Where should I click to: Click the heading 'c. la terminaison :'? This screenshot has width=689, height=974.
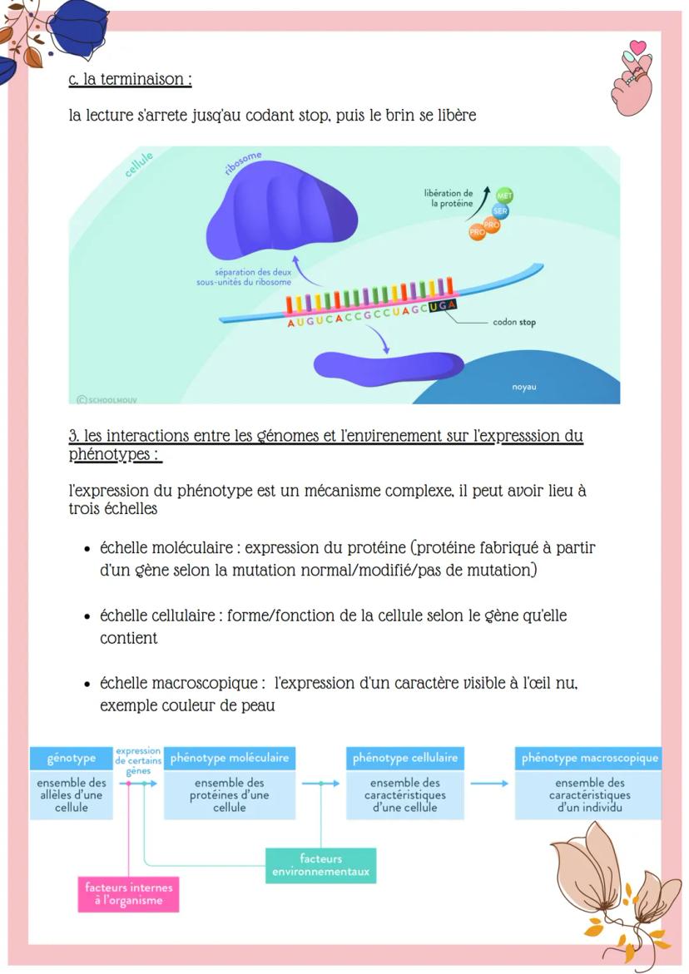click(x=131, y=80)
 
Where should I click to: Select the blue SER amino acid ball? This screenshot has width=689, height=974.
click(x=501, y=211)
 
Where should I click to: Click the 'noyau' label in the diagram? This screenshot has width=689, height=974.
click(x=524, y=387)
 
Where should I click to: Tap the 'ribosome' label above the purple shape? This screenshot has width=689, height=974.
click(x=243, y=162)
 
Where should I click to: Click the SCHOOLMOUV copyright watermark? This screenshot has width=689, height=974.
click(x=107, y=399)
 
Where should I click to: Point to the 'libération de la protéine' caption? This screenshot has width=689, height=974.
click(x=450, y=198)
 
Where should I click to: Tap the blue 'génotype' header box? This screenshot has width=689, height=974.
click(x=72, y=759)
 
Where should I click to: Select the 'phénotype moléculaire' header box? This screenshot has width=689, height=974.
click(x=230, y=759)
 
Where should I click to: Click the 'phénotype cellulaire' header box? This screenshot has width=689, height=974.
click(x=405, y=759)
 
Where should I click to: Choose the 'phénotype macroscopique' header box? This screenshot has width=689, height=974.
click(x=589, y=759)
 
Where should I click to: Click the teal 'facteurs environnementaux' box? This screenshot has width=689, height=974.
click(x=320, y=866)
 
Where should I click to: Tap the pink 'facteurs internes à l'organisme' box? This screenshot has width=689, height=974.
click(x=129, y=894)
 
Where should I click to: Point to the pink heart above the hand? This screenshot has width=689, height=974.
click(x=637, y=47)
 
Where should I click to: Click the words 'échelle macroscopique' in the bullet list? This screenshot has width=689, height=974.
click(x=176, y=683)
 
